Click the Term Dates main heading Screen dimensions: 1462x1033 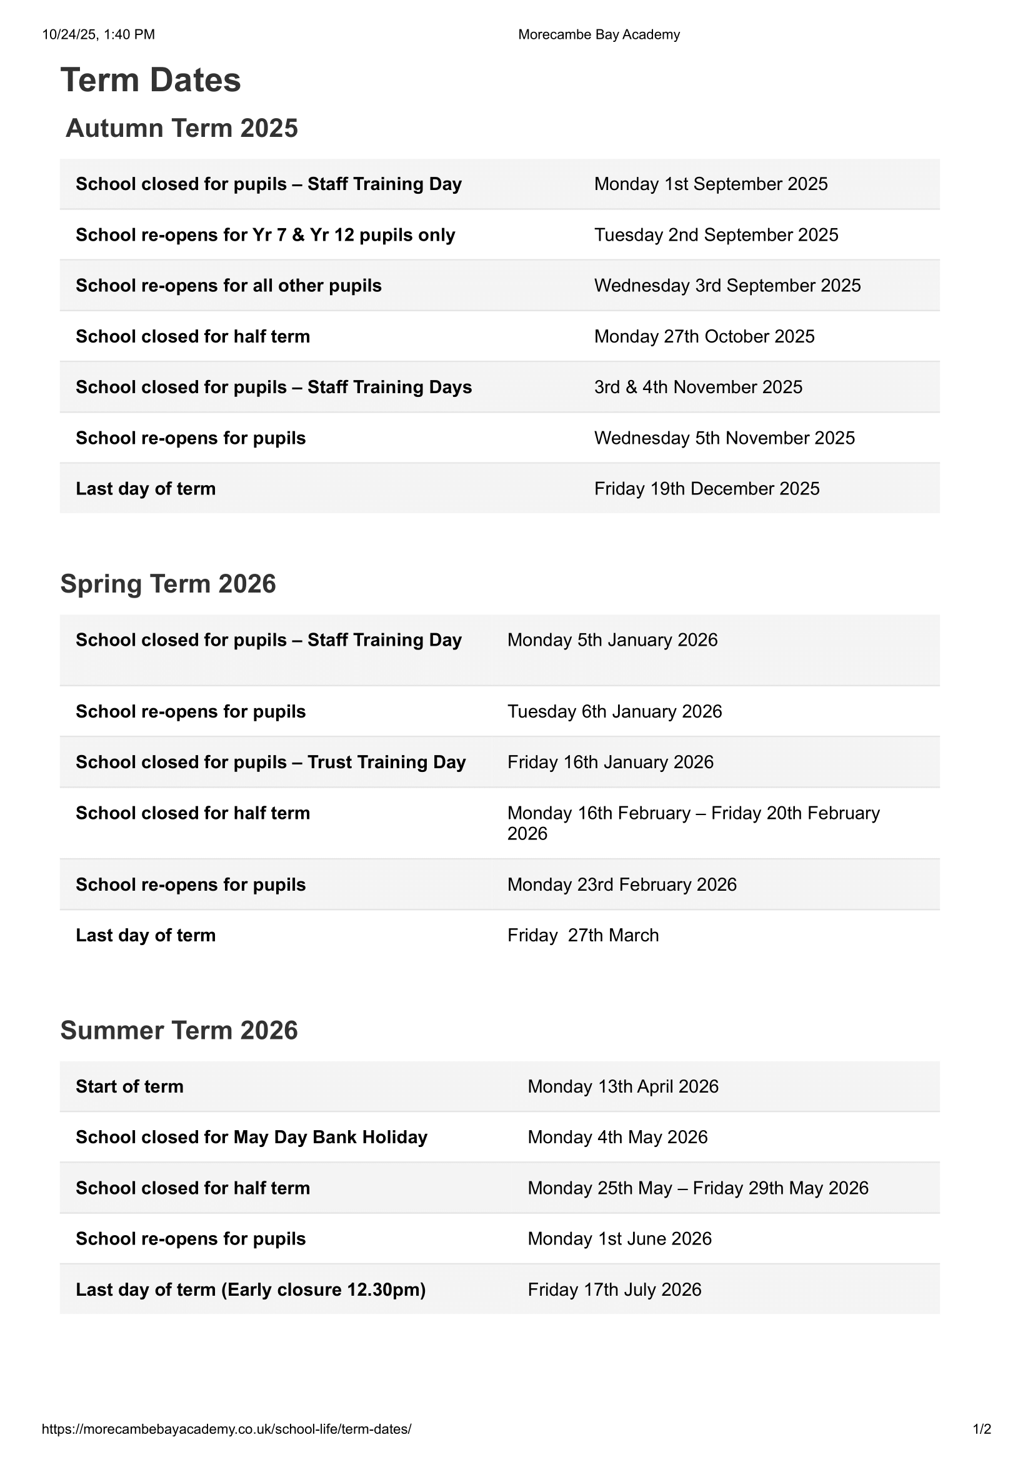(150, 80)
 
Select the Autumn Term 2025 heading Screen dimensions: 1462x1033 (181, 128)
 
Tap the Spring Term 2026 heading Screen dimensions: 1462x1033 (168, 584)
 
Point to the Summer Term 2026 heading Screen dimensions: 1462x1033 (179, 1030)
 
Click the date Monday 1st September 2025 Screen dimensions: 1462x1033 (711, 184)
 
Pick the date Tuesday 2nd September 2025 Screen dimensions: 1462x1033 (716, 235)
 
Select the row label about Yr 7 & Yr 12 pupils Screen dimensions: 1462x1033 (266, 235)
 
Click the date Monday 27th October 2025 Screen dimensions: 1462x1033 (704, 336)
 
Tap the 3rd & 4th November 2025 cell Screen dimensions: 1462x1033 (698, 387)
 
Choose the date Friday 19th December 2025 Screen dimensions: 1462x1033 (707, 488)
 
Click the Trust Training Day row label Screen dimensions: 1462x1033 (271, 762)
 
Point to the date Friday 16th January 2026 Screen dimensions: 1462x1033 (610, 762)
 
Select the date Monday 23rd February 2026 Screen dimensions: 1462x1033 (622, 884)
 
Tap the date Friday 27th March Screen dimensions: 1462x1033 (582, 936)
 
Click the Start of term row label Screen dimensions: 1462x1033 (129, 1086)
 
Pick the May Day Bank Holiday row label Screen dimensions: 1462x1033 (251, 1137)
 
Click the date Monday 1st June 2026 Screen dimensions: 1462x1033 (619, 1238)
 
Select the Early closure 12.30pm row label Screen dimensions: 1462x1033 (251, 1289)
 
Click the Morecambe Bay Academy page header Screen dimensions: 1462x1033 (599, 34)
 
